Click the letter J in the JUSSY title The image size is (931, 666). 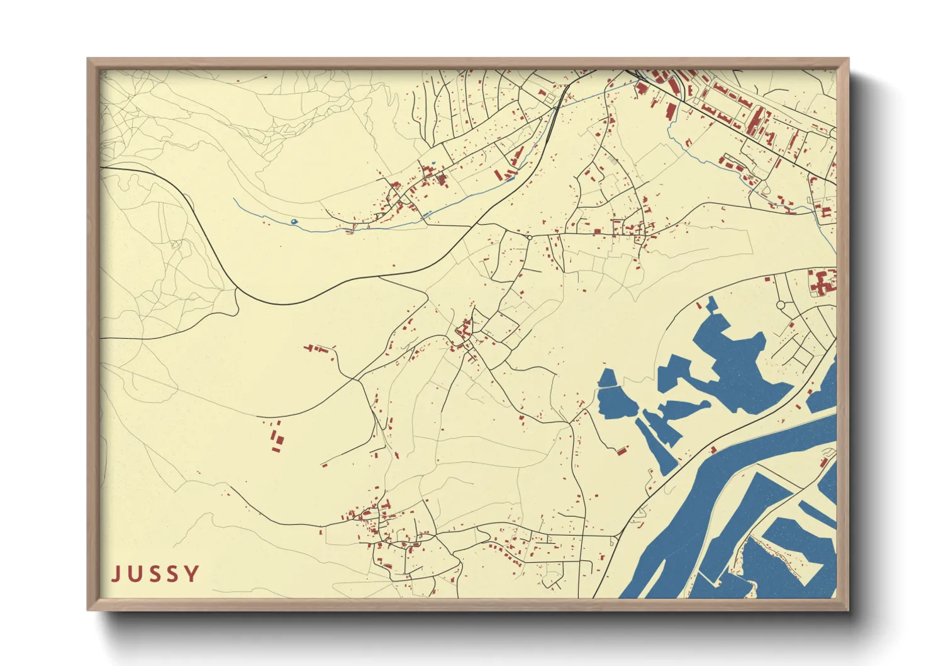click(x=117, y=574)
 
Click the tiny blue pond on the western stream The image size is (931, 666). click(x=293, y=222)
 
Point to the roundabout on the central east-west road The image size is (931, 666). click(x=530, y=237)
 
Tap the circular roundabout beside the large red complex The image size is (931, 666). click(x=781, y=305)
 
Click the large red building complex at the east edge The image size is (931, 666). click(x=822, y=282)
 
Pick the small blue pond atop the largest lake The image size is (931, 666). click(x=711, y=305)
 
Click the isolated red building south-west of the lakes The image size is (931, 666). click(x=621, y=449)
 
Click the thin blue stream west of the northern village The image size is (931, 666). click(x=264, y=215)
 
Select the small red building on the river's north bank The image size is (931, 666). click(x=713, y=450)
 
